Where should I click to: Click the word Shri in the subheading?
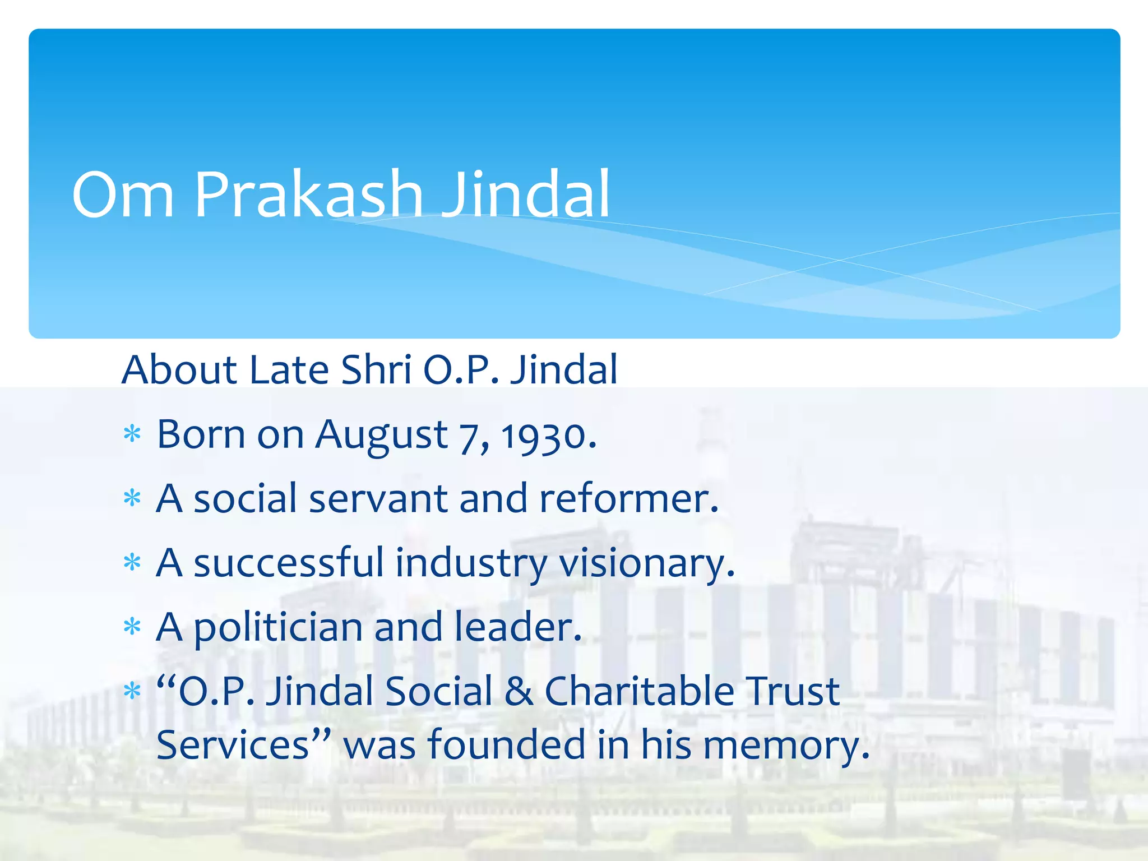click(x=376, y=370)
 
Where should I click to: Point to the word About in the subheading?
click(x=179, y=370)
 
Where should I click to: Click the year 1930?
click(x=549, y=436)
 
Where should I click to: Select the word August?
click(x=381, y=436)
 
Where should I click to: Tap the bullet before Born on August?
click(x=132, y=434)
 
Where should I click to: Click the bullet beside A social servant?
click(x=132, y=498)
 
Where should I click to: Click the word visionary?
click(x=647, y=563)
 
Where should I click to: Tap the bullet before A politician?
click(x=132, y=627)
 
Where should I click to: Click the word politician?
click(x=278, y=628)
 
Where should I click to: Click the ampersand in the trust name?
click(x=519, y=691)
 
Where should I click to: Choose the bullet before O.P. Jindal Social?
click(x=132, y=691)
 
